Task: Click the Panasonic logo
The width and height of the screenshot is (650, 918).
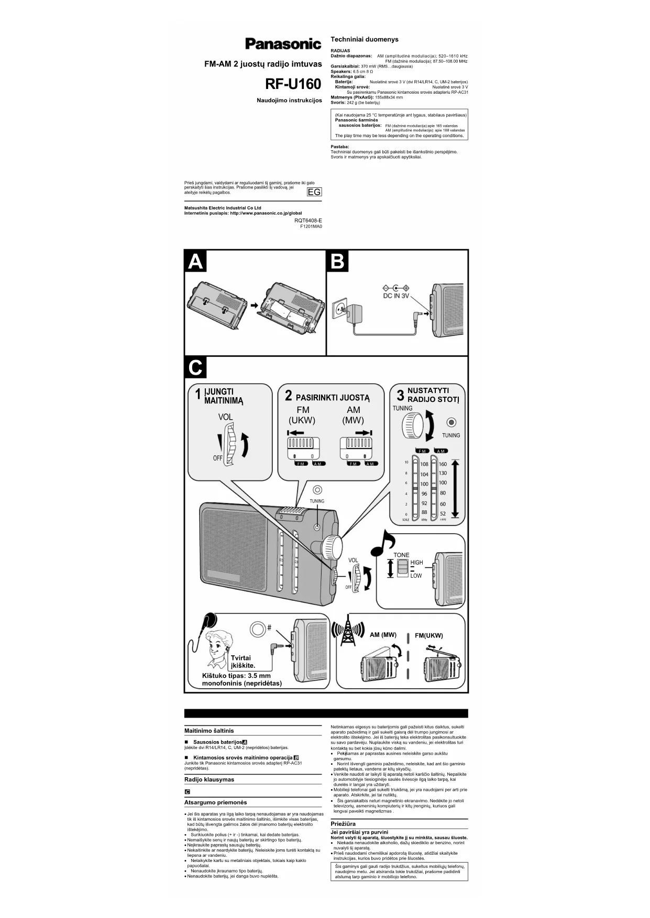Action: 283,44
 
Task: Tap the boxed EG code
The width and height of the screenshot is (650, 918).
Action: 314,192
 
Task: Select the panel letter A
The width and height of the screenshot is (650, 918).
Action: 195,261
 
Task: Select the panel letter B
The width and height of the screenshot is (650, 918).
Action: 338,261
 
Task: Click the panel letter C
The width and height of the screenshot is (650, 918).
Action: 195,368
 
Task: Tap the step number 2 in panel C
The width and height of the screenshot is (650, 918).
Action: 288,396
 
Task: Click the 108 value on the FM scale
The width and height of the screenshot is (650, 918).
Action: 424,464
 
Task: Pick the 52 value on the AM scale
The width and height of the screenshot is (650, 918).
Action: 443,514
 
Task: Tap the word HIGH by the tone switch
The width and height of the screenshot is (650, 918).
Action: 416,563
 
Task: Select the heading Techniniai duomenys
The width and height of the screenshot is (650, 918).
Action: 365,39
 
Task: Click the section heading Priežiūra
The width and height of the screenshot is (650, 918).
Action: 344,823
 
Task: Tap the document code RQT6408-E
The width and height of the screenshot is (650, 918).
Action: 308,220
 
